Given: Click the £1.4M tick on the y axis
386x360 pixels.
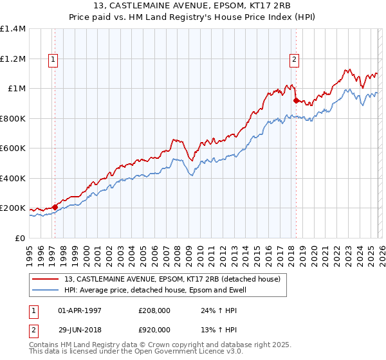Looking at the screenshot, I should pos(13,29).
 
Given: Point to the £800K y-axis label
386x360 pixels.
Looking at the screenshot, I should pos(13,118).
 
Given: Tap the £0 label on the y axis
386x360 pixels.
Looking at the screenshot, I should pos(20,238).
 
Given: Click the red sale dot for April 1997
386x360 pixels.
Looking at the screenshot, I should pos(55,207).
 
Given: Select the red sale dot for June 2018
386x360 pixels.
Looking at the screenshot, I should pos(296,100).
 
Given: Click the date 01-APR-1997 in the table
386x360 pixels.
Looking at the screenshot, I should pos(80,310).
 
